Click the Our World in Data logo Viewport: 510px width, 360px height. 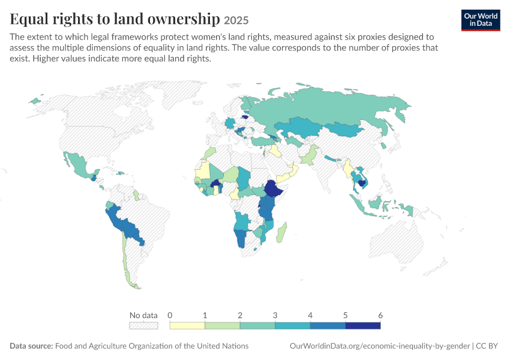click(481, 20)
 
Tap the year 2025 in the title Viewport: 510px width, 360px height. click(236, 20)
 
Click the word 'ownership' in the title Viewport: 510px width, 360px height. click(184, 19)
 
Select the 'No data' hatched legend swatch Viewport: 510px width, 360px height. click(143, 326)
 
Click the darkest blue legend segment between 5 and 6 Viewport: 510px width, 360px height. click(362, 326)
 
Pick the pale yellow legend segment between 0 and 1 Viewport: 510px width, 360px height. click(187, 326)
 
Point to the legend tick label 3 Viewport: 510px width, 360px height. click(275, 315)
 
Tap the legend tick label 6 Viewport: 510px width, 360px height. click(380, 315)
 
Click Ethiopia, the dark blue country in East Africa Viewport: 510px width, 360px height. click(273, 188)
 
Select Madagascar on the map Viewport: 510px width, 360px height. click(281, 233)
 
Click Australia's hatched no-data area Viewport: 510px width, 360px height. click(397, 240)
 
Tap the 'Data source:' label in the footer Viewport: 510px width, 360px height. click(31, 346)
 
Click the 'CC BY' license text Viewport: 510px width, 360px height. click(487, 346)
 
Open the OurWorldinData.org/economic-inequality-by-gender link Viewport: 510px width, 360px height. click(380, 346)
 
